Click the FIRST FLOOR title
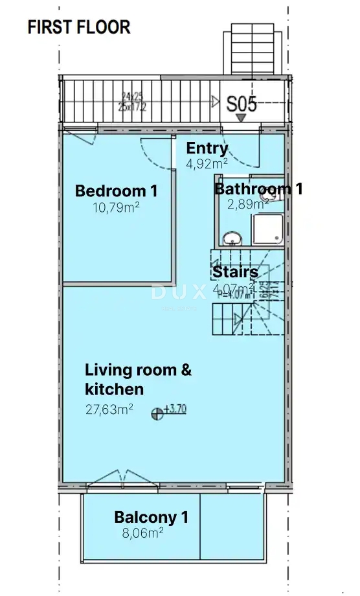tap(79, 27)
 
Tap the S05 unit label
tap(242, 104)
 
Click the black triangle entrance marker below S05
tap(241, 118)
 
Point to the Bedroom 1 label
tap(116, 191)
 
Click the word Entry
tap(207, 148)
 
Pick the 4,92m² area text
tap(207, 164)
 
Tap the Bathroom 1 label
tap(258, 189)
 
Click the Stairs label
tap(235, 272)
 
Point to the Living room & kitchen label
tap(139, 380)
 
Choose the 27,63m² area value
tap(109, 409)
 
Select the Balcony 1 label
tap(151, 517)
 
